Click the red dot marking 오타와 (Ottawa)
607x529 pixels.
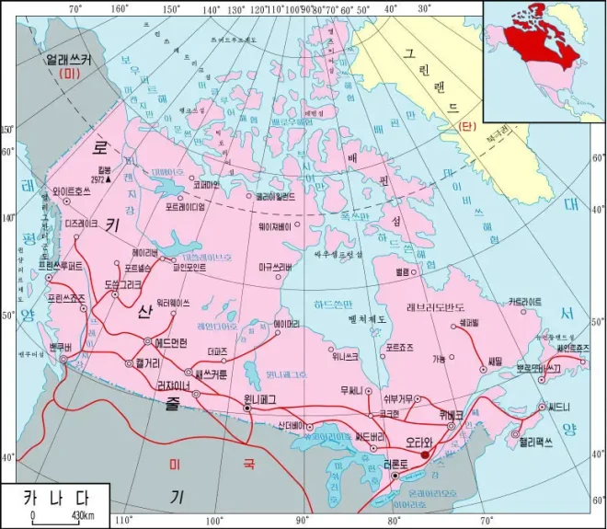click(424, 454)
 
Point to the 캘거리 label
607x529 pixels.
click(148, 362)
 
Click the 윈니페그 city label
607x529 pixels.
click(260, 398)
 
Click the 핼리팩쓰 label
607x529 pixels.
click(539, 441)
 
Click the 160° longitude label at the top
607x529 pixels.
click(119, 8)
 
